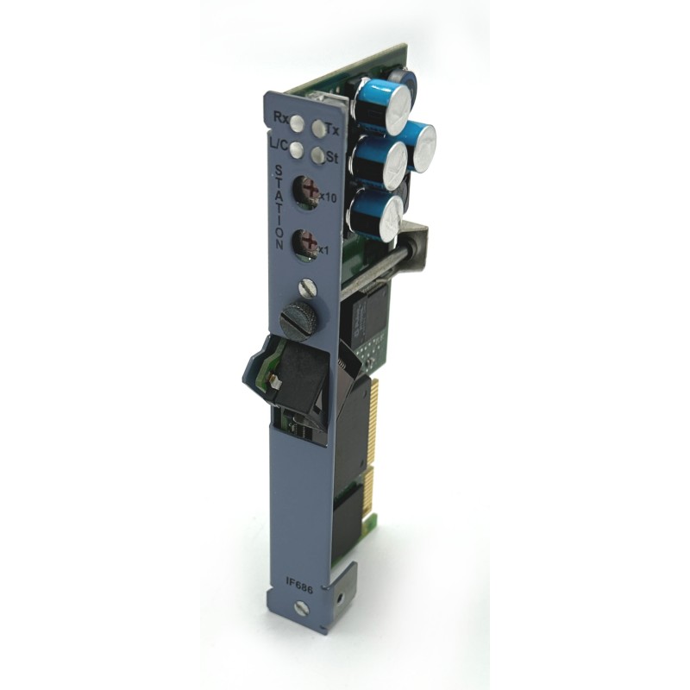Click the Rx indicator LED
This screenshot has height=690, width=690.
tap(297, 123)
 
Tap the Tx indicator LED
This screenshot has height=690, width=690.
tap(319, 128)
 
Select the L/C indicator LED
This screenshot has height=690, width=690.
tap(296, 149)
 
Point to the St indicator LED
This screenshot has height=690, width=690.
tap(317, 154)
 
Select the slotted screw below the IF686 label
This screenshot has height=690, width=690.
tap(300, 608)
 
